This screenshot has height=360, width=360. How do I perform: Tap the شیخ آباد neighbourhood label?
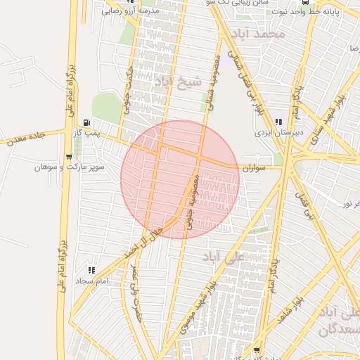(x=179, y=82)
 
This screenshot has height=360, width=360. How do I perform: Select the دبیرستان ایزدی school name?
(x=269, y=132)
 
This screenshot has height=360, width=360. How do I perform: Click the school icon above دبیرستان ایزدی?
(x=278, y=122)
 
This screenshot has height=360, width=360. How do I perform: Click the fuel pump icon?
(x=86, y=122)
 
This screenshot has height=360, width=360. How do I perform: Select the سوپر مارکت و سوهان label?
(x=71, y=167)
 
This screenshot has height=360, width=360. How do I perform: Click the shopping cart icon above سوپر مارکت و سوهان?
(x=68, y=157)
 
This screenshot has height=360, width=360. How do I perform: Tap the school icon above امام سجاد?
(x=91, y=270)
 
